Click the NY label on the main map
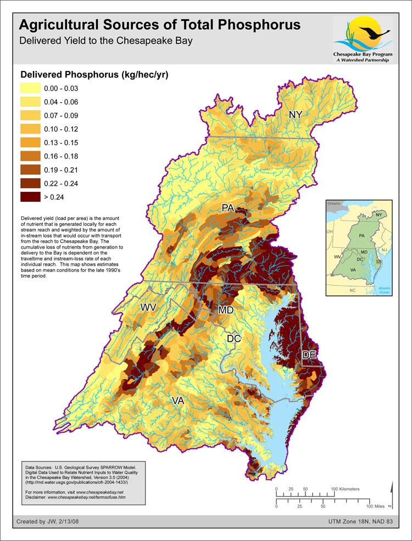[x=296, y=115]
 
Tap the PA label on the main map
[x=229, y=208]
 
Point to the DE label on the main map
[x=309, y=355]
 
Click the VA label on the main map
[x=177, y=401]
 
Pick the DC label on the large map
[x=235, y=339]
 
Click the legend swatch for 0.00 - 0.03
[x=30, y=89]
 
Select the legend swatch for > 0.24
[x=30, y=196]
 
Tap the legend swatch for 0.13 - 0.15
[x=30, y=142]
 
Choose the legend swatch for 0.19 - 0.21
[x=30, y=169]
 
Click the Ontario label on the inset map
[x=334, y=203]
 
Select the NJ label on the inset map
[x=385, y=250]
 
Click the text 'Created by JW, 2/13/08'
[x=48, y=521]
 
